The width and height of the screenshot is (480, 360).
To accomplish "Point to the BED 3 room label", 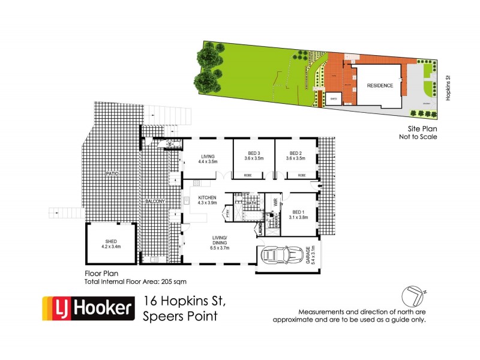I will coord(254,155).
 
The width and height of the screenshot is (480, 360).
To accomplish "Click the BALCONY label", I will coord(155,201).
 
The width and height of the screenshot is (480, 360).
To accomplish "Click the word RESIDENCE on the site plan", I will coord(380,86).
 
